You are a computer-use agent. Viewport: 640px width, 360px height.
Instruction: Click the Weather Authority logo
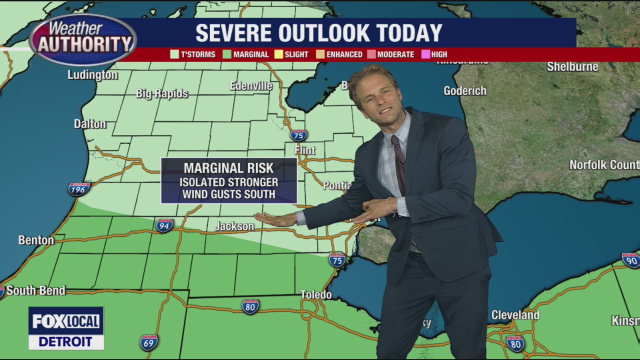pos(82,38)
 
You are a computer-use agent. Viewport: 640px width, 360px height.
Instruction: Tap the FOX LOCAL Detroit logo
pos(66,328)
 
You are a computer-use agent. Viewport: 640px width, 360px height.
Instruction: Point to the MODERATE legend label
pos(395,54)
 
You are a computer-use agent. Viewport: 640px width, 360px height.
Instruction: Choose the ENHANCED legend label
pos(344,54)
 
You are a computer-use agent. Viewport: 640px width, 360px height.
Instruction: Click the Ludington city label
pos(93,75)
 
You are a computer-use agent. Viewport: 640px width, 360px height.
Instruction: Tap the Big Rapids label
pos(162,93)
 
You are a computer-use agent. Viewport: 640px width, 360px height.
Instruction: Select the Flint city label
pos(305,150)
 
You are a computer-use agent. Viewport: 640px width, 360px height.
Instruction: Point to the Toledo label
pos(316,294)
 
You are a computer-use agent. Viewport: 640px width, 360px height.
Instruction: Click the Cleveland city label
pos(515,315)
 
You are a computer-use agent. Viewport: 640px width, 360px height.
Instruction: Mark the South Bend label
pos(35,290)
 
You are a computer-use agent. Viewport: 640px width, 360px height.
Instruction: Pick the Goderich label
pos(465,91)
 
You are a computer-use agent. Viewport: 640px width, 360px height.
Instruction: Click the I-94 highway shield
pos(164,225)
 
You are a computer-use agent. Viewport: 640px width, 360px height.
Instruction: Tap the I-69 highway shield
pos(148,342)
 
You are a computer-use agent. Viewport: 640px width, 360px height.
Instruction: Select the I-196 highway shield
pos(79,189)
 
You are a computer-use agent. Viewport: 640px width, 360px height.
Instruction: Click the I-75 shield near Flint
pos(298,135)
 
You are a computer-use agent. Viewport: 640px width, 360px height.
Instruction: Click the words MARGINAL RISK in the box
pos(228,168)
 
